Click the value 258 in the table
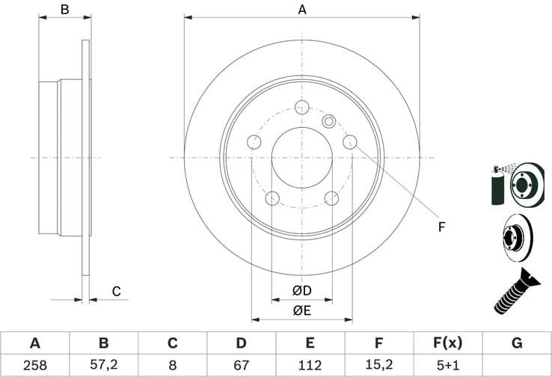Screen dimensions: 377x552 (x=34, y=365)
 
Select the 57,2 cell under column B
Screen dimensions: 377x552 (x=103, y=365)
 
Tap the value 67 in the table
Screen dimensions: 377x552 (x=241, y=365)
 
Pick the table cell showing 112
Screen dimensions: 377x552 (x=310, y=365)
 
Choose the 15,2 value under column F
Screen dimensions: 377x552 (x=378, y=365)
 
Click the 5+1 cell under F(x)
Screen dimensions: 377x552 (x=447, y=365)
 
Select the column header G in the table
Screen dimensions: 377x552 (x=516, y=343)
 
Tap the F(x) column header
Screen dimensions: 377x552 (x=447, y=343)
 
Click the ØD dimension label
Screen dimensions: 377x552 (x=301, y=290)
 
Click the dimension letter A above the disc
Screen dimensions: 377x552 (x=302, y=10)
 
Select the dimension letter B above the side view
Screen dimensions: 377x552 (x=65, y=10)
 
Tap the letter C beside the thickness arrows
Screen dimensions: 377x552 (x=116, y=291)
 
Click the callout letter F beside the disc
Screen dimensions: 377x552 (x=441, y=226)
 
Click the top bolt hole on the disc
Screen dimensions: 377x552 (x=302, y=106)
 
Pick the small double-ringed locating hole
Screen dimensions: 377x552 (x=328, y=120)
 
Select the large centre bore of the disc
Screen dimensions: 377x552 (x=302, y=158)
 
